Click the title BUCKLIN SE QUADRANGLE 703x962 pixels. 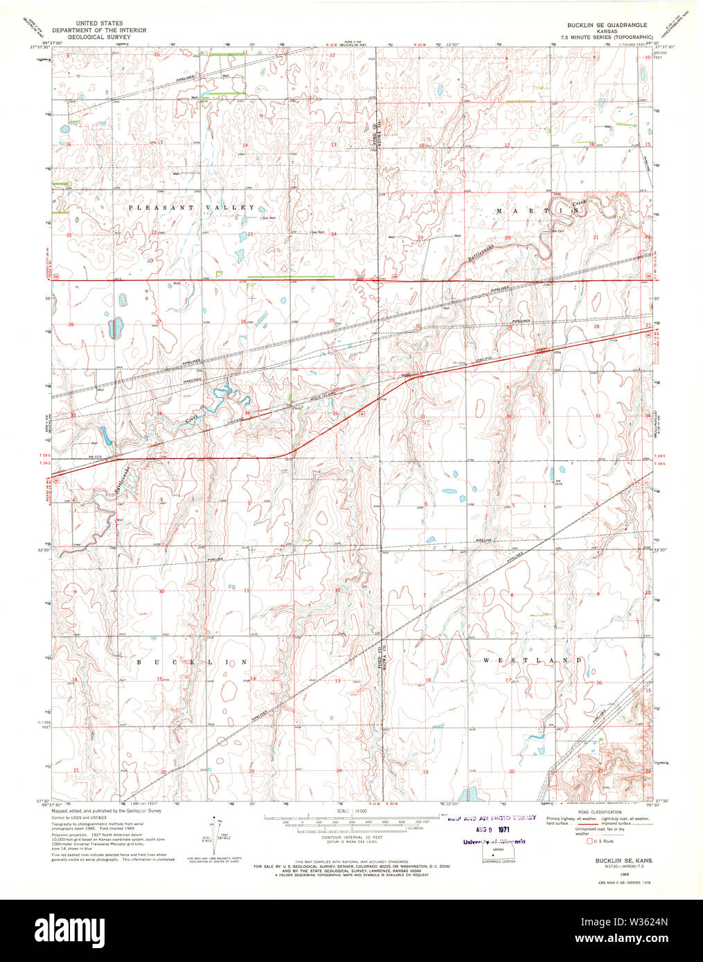(607, 24)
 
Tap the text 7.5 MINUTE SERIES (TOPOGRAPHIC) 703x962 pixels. (607, 36)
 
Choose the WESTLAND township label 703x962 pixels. (532, 661)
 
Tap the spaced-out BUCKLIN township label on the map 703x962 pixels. (192, 662)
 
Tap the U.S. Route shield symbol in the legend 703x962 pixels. (589, 842)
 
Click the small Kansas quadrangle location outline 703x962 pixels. (493, 853)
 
